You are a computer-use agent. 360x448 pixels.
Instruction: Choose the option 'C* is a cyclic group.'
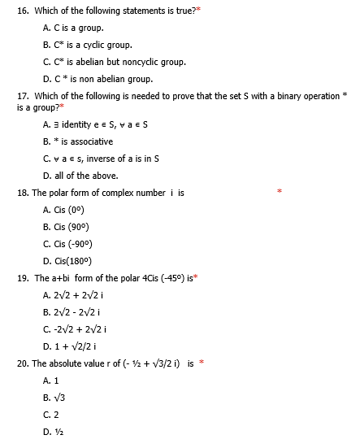(92, 45)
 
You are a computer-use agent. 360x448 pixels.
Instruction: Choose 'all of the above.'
(85, 176)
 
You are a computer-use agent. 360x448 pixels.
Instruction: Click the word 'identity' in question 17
(77, 124)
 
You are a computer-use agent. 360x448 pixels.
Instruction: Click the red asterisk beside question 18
(279, 193)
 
